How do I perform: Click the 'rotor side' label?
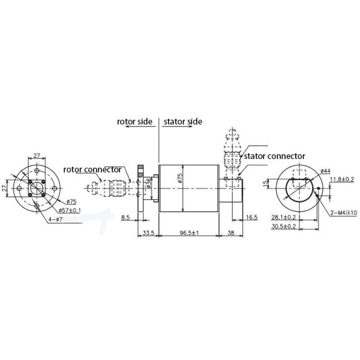click(x=135, y=121)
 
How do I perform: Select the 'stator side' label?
click(x=182, y=121)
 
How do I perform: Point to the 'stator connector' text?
click(x=277, y=156)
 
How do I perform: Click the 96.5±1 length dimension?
click(x=188, y=232)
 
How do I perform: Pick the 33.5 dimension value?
click(x=148, y=232)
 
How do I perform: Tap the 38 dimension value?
click(x=231, y=232)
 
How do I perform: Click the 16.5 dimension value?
click(x=252, y=218)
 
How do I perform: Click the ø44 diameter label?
click(x=326, y=171)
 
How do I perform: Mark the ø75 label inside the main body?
click(x=179, y=178)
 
